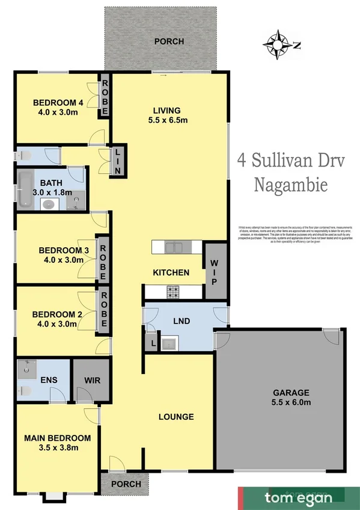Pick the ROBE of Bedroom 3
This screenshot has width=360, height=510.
(103, 259)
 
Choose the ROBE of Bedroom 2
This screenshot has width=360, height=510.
(103, 309)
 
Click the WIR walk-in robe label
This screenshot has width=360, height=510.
(91, 381)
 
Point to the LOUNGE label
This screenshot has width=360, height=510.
(176, 417)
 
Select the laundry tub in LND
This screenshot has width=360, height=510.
(169, 343)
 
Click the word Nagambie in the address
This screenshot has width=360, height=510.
(290, 184)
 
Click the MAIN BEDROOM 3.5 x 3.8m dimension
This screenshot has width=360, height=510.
(57, 447)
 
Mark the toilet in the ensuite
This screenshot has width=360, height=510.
(24, 391)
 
